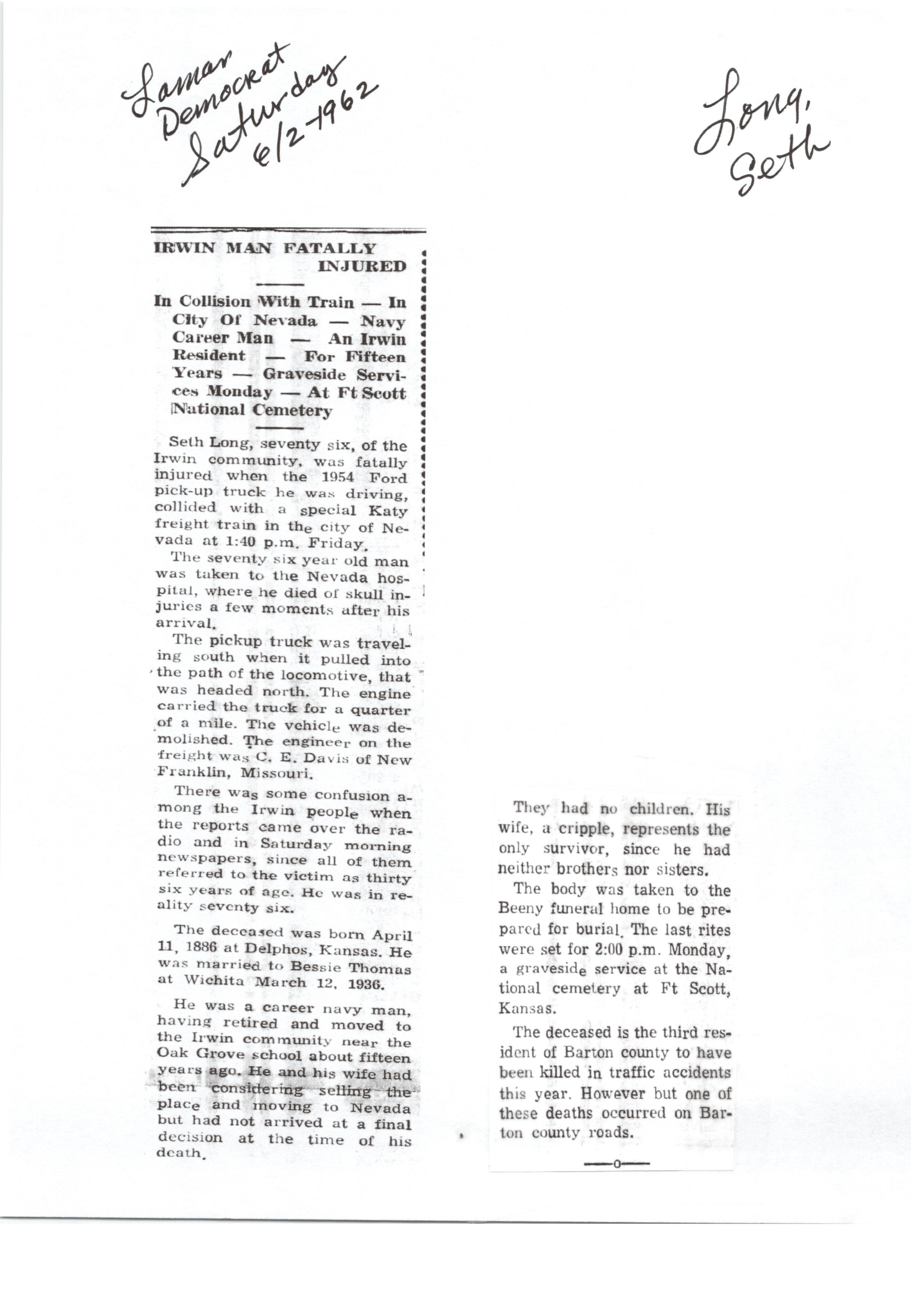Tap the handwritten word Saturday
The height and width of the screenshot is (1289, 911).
tap(264, 121)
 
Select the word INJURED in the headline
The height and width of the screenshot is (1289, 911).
tap(362, 266)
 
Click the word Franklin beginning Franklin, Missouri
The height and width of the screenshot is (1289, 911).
tap(192, 773)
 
